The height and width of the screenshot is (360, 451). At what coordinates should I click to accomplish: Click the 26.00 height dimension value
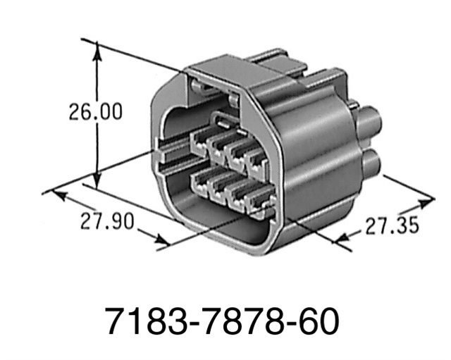94,112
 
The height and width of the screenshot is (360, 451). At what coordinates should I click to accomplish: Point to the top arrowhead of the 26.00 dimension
97,48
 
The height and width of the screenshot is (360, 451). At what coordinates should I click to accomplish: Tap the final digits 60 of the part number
317,321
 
